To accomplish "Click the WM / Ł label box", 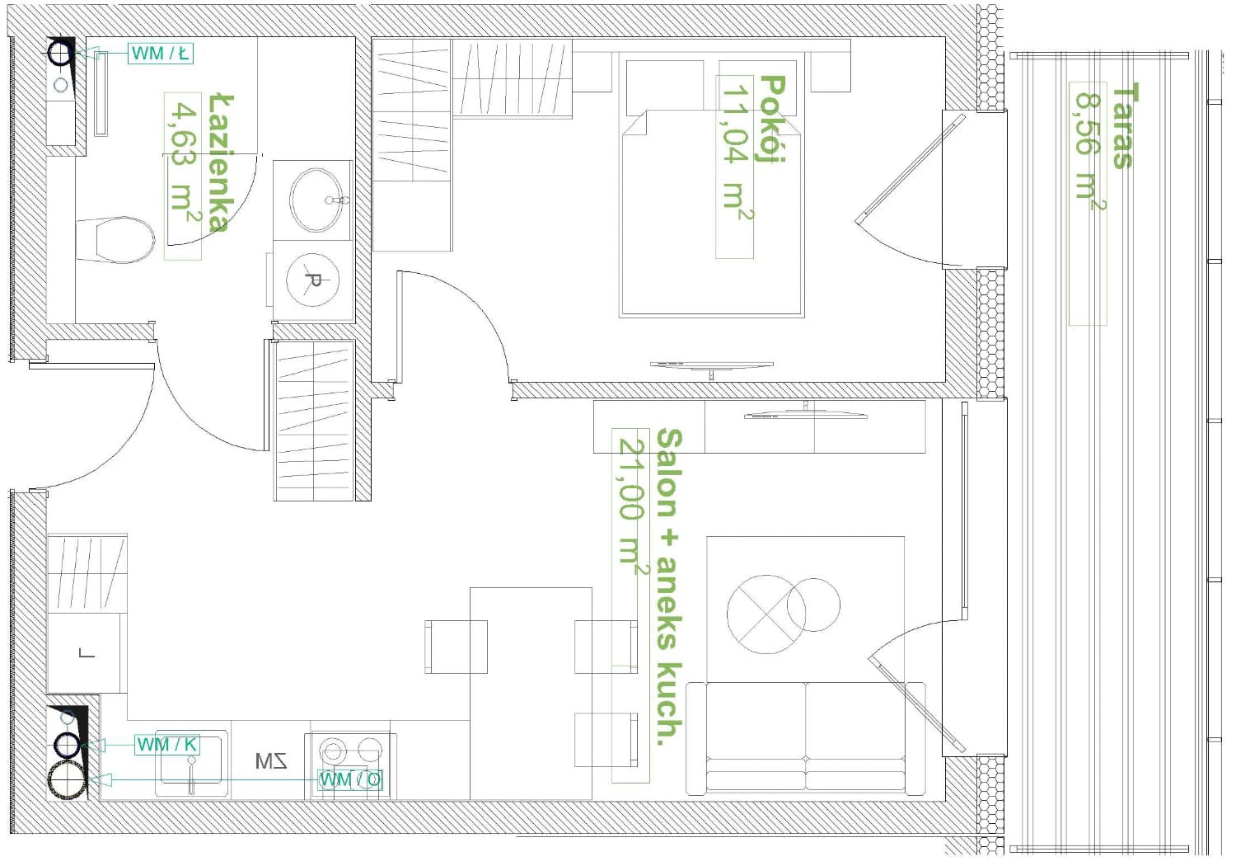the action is [161, 54].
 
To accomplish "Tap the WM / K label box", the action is [167, 745].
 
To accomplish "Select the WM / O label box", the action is [350, 780].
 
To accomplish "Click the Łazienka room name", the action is [222, 163].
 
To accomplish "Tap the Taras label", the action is [1126, 126].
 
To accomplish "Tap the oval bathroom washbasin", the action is [316, 200].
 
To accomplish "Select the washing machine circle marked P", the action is [313, 280].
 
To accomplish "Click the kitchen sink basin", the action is [191, 763].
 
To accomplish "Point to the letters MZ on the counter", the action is [271, 761].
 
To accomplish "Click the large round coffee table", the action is [765, 614].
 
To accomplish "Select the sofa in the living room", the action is [805, 738].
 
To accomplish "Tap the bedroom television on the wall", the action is [711, 367].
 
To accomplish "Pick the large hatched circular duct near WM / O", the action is [68, 780].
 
